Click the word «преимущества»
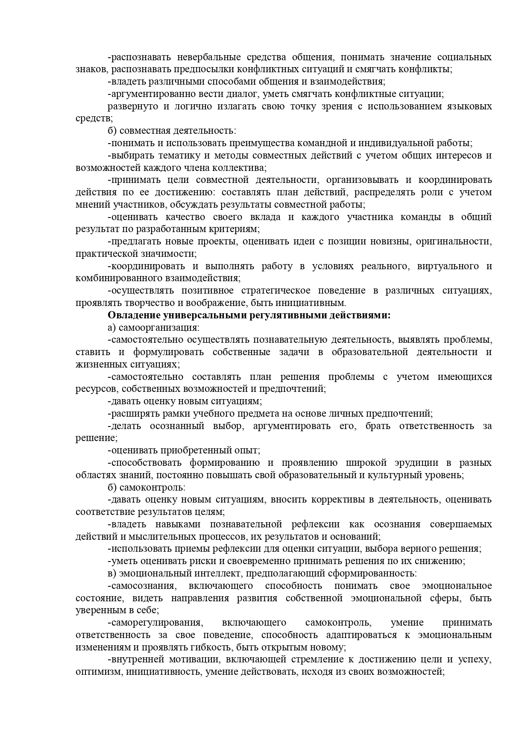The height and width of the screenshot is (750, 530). (x=262, y=143)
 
